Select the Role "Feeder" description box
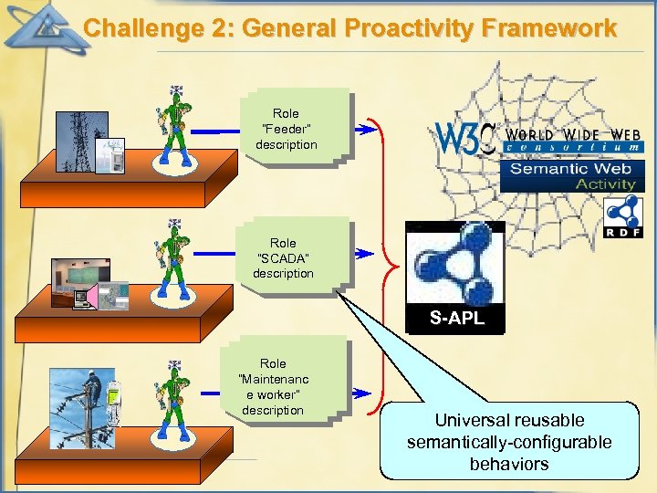click(x=287, y=129)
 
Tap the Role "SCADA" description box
click(x=284, y=257)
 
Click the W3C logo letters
click(x=465, y=138)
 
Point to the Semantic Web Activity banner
click(x=572, y=175)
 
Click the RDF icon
click(x=623, y=219)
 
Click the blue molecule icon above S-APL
click(x=454, y=265)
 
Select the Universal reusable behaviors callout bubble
click(x=509, y=442)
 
